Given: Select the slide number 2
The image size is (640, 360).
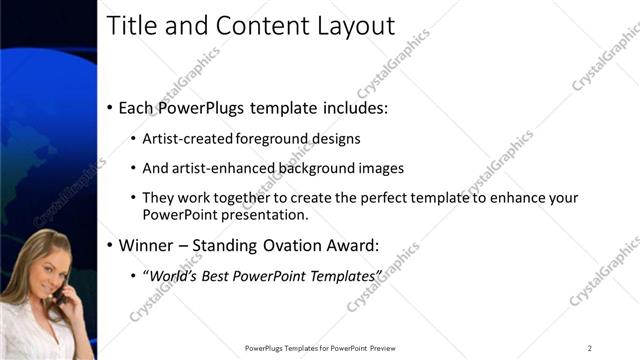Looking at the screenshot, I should (x=590, y=348).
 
